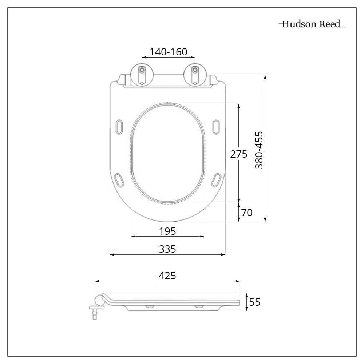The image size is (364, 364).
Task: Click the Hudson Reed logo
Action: click(x=312, y=24)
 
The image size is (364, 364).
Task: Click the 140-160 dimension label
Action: click(x=168, y=52)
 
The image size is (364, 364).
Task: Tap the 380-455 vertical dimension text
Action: click(x=259, y=150)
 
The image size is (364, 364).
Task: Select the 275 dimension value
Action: click(x=238, y=154)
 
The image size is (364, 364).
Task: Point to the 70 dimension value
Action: click(x=246, y=213)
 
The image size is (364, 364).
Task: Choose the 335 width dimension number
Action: click(x=167, y=249)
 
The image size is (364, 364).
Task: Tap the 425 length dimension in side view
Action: click(x=167, y=276)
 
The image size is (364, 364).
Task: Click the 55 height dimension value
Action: click(x=255, y=302)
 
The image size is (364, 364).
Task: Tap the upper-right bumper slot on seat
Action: click(x=216, y=126)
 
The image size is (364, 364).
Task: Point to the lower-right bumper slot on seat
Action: click(x=216, y=179)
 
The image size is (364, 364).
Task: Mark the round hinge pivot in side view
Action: click(x=99, y=300)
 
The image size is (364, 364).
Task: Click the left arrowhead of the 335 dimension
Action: click(x=112, y=254)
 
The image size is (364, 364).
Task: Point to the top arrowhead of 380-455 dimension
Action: click(x=265, y=77)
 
